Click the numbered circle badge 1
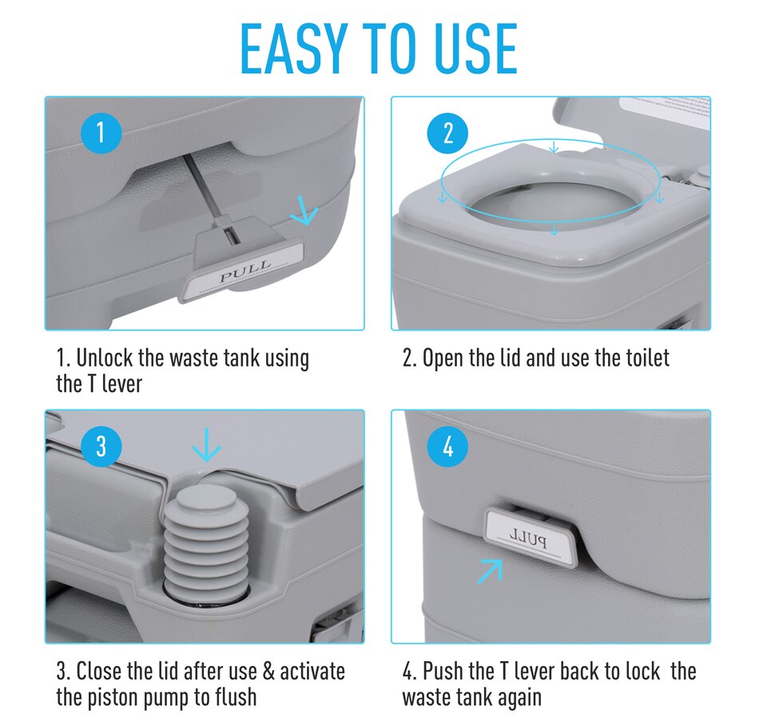[100, 133]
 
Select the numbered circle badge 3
[100, 446]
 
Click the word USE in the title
[470, 50]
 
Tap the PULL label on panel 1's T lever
[246, 274]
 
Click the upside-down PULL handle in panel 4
[531, 539]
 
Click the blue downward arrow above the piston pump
[207, 446]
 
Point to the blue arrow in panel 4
[490, 571]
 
